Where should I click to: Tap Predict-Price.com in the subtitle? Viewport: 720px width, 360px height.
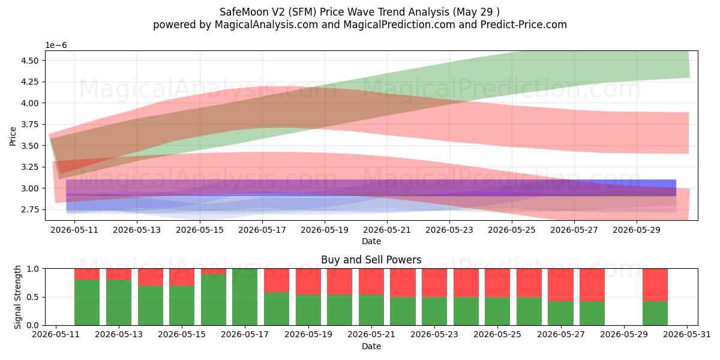[524, 25]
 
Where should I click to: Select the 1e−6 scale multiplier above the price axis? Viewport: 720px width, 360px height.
[56, 46]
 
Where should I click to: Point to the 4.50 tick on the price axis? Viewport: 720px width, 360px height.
[29, 61]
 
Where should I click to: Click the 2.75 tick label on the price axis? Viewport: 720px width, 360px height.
[29, 209]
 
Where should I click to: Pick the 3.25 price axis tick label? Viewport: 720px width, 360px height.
[29, 167]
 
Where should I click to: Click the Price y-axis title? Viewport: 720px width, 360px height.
[13, 136]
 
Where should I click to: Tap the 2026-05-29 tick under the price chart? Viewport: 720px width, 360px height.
[637, 230]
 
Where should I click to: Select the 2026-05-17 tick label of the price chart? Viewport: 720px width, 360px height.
[262, 230]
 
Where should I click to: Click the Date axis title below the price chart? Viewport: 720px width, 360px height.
[371, 241]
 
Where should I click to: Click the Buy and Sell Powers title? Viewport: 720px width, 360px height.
[371, 260]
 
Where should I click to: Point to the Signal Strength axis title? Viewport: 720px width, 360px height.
[17, 297]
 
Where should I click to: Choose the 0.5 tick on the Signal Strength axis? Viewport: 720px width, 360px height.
[33, 297]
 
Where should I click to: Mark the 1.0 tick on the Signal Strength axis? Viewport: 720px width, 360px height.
[33, 269]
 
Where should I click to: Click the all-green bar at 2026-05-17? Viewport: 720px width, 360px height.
[245, 297]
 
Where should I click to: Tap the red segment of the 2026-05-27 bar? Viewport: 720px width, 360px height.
[560, 285]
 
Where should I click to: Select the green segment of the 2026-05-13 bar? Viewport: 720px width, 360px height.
[119, 302]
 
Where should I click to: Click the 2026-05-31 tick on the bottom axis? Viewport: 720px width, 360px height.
[687, 335]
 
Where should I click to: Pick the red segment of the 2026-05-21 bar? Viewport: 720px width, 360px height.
[371, 281]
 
